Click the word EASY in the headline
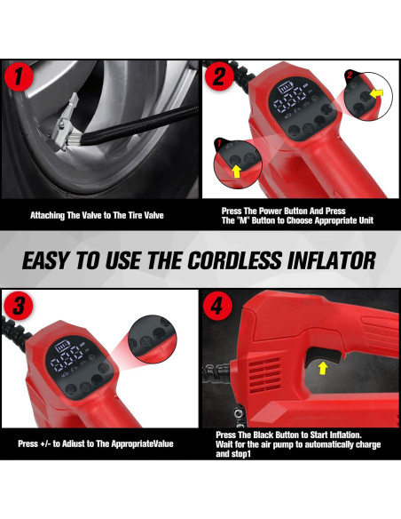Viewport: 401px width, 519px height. click(x=55, y=259)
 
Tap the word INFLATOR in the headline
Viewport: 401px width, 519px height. click(x=333, y=259)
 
